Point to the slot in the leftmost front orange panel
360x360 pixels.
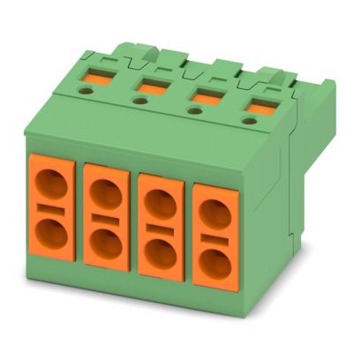point(51,210)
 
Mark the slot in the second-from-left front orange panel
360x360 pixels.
point(106,216)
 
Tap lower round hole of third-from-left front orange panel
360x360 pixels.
point(160,250)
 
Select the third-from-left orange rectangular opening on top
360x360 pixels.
point(207,95)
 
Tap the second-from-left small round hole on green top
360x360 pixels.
point(139,101)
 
